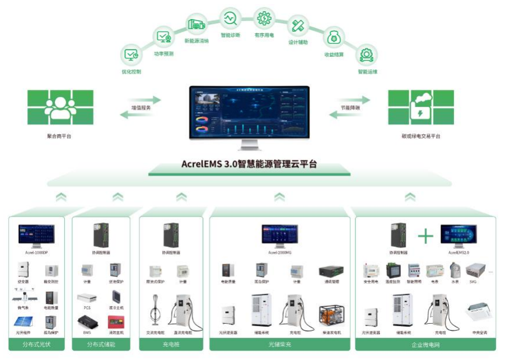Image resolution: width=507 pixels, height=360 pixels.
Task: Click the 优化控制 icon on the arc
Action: tap(130, 55)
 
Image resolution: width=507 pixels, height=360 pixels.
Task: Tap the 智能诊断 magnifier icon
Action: tap(230, 19)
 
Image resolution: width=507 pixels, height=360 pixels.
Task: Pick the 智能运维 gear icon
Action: tap(367, 55)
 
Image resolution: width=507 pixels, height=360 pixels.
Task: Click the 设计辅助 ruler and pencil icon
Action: tap(299, 26)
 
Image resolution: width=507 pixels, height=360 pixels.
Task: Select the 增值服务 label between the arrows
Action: tap(140, 108)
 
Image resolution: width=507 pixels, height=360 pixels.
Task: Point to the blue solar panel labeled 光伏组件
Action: tap(23, 321)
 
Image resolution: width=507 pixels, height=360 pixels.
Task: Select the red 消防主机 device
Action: tap(116, 321)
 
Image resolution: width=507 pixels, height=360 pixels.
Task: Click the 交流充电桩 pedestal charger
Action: tap(155, 313)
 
